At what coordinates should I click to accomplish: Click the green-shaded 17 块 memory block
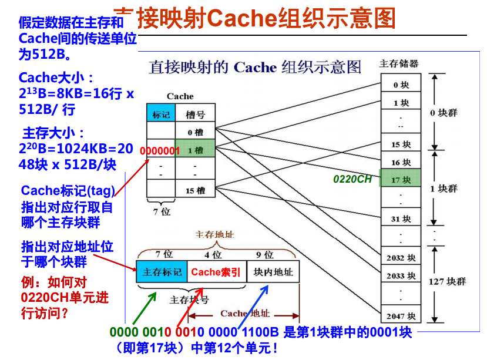(x=401, y=180)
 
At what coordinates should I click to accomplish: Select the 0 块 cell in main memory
(x=401, y=85)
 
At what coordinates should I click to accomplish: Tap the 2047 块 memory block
(x=401, y=312)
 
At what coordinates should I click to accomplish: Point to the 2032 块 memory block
(x=401, y=258)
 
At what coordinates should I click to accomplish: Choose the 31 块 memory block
(x=401, y=219)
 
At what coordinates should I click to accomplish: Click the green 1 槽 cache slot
(x=195, y=150)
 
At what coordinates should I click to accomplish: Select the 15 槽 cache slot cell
(x=195, y=190)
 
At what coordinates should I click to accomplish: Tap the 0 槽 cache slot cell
(x=195, y=133)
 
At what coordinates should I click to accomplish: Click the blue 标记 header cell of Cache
(x=161, y=115)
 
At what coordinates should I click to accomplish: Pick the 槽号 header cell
(x=195, y=115)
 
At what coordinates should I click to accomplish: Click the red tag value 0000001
(x=160, y=151)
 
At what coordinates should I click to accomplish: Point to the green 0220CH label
(x=352, y=179)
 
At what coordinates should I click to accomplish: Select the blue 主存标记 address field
(x=162, y=272)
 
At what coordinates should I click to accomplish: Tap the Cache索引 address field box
(x=216, y=272)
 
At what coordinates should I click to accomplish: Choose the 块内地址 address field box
(x=273, y=272)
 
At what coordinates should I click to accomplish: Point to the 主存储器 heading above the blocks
(x=399, y=63)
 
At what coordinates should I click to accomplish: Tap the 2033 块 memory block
(x=401, y=275)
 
